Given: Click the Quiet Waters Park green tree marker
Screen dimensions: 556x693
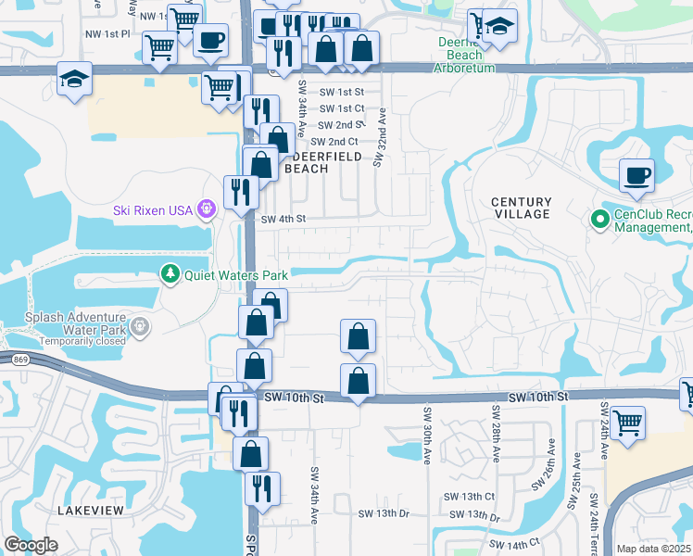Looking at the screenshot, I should point(170,274).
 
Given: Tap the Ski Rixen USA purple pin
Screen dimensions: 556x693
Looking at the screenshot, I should point(206,210).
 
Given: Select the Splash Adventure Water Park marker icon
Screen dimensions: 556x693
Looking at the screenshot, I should point(139,326).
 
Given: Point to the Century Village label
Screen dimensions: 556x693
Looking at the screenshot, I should point(521,208).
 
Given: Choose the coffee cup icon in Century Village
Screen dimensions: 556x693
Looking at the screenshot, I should point(636,175).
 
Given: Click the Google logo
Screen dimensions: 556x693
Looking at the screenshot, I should point(31,545).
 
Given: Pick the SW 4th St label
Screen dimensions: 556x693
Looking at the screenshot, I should point(283,220).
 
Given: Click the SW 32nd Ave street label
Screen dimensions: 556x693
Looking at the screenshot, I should point(380,137).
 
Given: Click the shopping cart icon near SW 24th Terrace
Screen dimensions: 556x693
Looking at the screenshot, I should point(628,423).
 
